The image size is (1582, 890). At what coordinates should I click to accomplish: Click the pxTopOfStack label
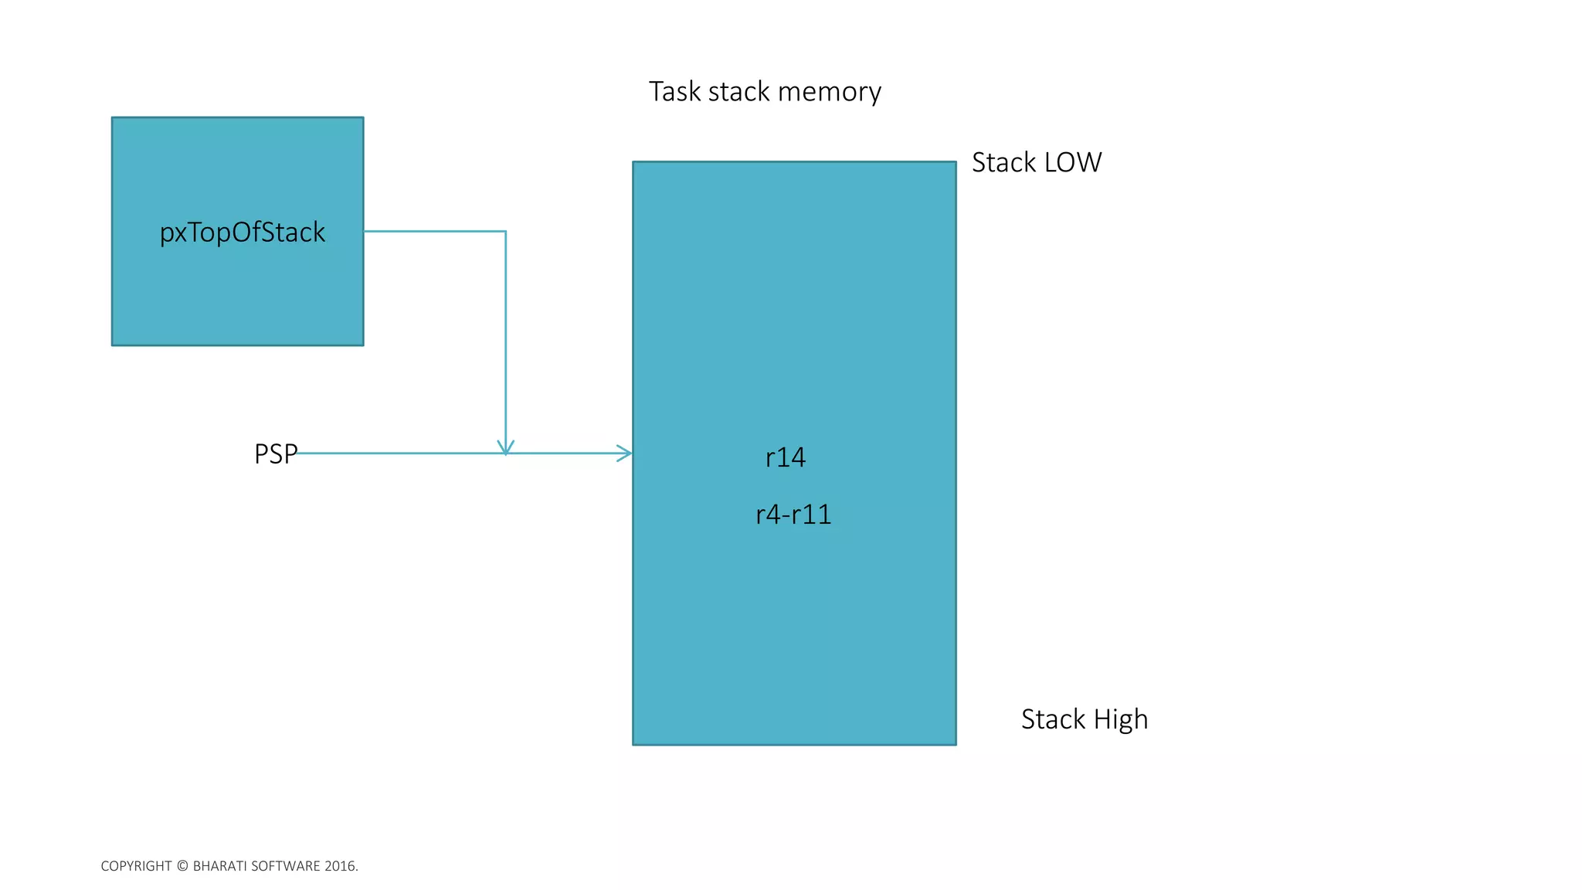pos(242,233)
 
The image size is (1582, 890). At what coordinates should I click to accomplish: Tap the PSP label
pos(275,454)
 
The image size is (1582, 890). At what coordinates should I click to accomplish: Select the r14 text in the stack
pos(785,457)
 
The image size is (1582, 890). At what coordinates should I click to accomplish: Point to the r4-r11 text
pos(793,515)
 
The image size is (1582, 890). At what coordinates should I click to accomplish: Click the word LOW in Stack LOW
pos(1073,163)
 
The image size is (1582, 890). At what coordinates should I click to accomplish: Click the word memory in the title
pos(829,92)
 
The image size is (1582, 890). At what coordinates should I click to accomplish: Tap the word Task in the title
pos(674,92)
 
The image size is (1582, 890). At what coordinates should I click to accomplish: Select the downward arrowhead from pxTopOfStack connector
pos(506,448)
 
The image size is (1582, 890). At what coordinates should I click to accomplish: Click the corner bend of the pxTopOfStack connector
pos(506,231)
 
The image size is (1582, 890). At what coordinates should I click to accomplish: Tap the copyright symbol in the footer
pos(182,866)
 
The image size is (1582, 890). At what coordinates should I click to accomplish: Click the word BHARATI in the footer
pos(222,866)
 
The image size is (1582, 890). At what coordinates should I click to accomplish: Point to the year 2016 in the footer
pos(340,866)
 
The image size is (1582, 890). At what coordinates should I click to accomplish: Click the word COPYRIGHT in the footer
pos(136,866)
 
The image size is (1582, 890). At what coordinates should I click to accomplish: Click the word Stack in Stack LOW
pos(1003,163)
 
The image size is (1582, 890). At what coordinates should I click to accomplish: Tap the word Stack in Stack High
pos(1053,720)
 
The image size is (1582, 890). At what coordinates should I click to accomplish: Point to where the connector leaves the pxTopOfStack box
pos(365,231)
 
